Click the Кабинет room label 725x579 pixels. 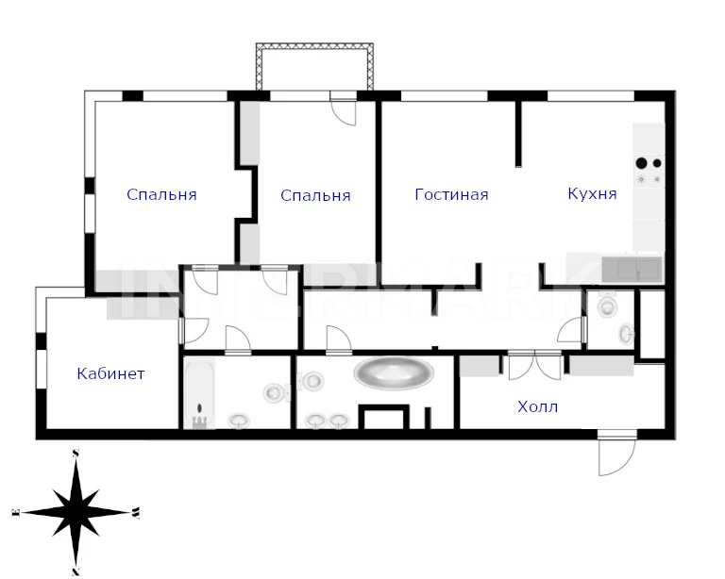pyautogui.click(x=111, y=373)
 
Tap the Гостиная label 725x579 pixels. pyautogui.click(x=452, y=194)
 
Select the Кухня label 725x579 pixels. pyautogui.click(x=592, y=193)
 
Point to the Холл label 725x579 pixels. pyautogui.click(x=538, y=406)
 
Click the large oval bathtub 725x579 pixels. pyautogui.click(x=394, y=372)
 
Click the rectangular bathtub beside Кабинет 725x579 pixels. pyautogui.click(x=199, y=393)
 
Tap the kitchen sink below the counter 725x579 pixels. pyautogui.click(x=632, y=269)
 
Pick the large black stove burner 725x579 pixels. pyautogui.click(x=641, y=163)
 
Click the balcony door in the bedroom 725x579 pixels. pyautogui.click(x=343, y=108)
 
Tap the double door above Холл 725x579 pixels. pyautogui.click(x=534, y=365)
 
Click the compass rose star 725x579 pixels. pyautogui.click(x=76, y=512)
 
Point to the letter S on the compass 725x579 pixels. pyautogui.click(x=76, y=453)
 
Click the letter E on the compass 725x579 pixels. pyautogui.click(x=16, y=512)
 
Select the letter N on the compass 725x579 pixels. pyautogui.click(x=76, y=571)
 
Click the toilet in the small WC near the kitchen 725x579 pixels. pyautogui.click(x=607, y=306)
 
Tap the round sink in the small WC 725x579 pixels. pyautogui.click(x=627, y=334)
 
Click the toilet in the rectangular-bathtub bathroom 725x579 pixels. pyautogui.click(x=276, y=392)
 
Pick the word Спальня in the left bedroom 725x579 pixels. pyautogui.click(x=161, y=194)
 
